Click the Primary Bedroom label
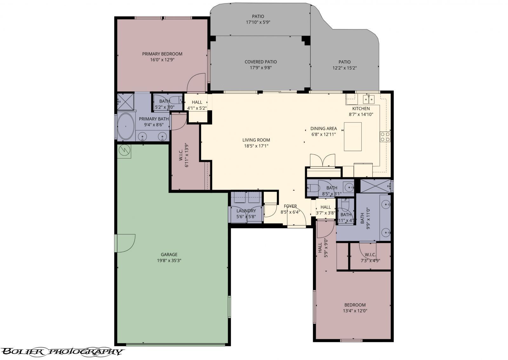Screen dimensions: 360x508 pos(162,54)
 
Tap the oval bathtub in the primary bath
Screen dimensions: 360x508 pos(126,126)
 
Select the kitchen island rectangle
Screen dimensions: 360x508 pos(352,137)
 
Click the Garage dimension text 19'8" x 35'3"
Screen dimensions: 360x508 pos(169,261)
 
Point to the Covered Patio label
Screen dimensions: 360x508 pos(260,62)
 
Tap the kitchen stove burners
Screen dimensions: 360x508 pos(385,137)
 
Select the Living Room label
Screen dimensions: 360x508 pos(256,140)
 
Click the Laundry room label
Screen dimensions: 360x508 pos(246,211)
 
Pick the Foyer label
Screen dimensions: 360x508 pos(290,206)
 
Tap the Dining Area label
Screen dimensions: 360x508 pos(323,129)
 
